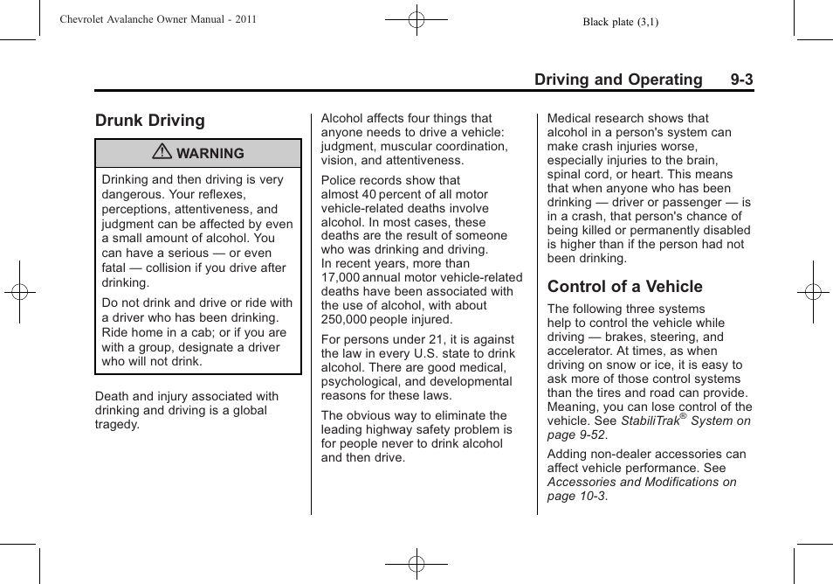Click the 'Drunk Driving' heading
click(150, 121)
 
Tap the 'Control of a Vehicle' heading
click(624, 287)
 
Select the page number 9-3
click(741, 80)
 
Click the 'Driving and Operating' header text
click(617, 80)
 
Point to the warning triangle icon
click(162, 153)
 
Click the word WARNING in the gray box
click(210, 154)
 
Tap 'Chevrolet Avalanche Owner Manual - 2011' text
click(158, 19)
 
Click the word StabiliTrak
click(651, 421)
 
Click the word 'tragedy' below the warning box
click(117, 425)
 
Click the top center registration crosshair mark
click(416, 19)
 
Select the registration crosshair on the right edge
click(813, 292)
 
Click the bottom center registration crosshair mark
click(416, 565)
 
